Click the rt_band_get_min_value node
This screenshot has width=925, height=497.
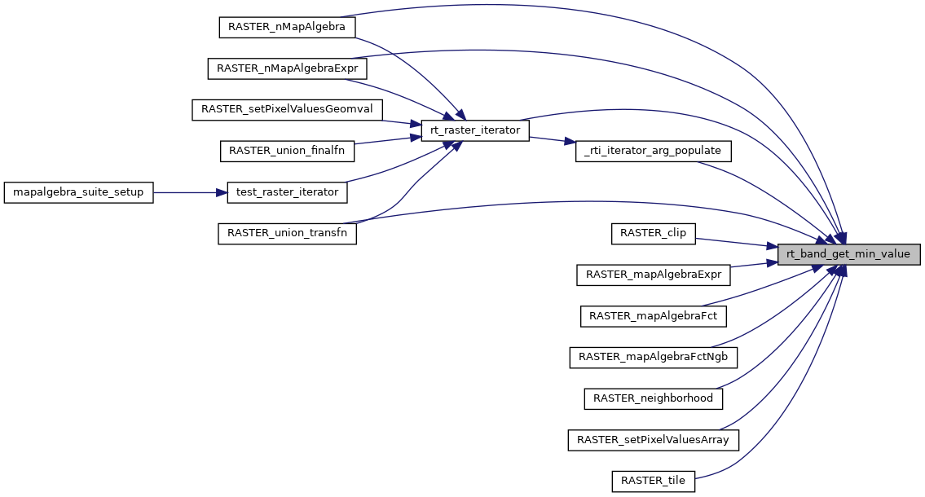click(x=848, y=254)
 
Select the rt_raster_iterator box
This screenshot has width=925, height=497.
click(x=474, y=130)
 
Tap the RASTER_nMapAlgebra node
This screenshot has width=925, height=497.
click(x=287, y=26)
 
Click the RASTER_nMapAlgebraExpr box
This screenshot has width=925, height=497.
click(x=287, y=68)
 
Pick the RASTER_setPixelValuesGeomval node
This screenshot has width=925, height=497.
click(x=287, y=109)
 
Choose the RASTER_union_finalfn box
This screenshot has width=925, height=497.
click(x=287, y=151)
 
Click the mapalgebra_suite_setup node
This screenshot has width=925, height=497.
click(x=79, y=192)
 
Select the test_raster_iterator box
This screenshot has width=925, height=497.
click(x=287, y=192)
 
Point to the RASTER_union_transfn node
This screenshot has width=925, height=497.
click(x=287, y=233)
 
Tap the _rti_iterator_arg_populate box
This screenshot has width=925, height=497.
click(x=654, y=151)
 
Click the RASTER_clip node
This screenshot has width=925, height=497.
click(x=654, y=233)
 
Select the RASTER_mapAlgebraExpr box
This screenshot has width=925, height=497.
click(x=654, y=275)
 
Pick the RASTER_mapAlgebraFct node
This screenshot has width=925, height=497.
click(x=654, y=316)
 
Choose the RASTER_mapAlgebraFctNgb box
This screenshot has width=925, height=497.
click(x=654, y=357)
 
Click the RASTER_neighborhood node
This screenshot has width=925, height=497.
click(x=654, y=398)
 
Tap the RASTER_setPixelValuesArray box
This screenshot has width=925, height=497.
click(x=654, y=440)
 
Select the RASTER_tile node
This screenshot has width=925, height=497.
click(x=654, y=482)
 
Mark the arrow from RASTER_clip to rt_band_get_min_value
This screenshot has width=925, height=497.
click(x=733, y=241)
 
